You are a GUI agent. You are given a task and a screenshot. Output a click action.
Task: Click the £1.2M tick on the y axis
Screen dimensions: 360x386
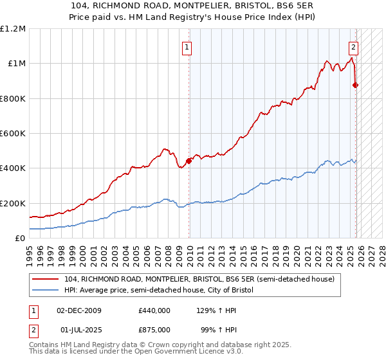[13, 29]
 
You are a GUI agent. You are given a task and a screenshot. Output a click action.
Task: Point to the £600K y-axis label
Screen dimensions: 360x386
[13, 134]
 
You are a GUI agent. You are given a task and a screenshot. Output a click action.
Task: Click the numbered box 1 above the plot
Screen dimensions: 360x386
[187, 46]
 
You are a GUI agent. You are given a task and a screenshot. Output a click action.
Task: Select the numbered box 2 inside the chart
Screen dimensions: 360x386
[354, 46]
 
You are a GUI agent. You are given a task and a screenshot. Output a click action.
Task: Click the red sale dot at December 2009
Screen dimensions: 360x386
[188, 161]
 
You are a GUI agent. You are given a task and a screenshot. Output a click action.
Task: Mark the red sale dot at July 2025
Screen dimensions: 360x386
[356, 85]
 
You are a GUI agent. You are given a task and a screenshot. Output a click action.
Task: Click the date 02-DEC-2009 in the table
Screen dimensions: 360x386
[80, 310]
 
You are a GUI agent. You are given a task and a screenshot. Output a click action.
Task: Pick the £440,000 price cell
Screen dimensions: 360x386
[154, 310]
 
